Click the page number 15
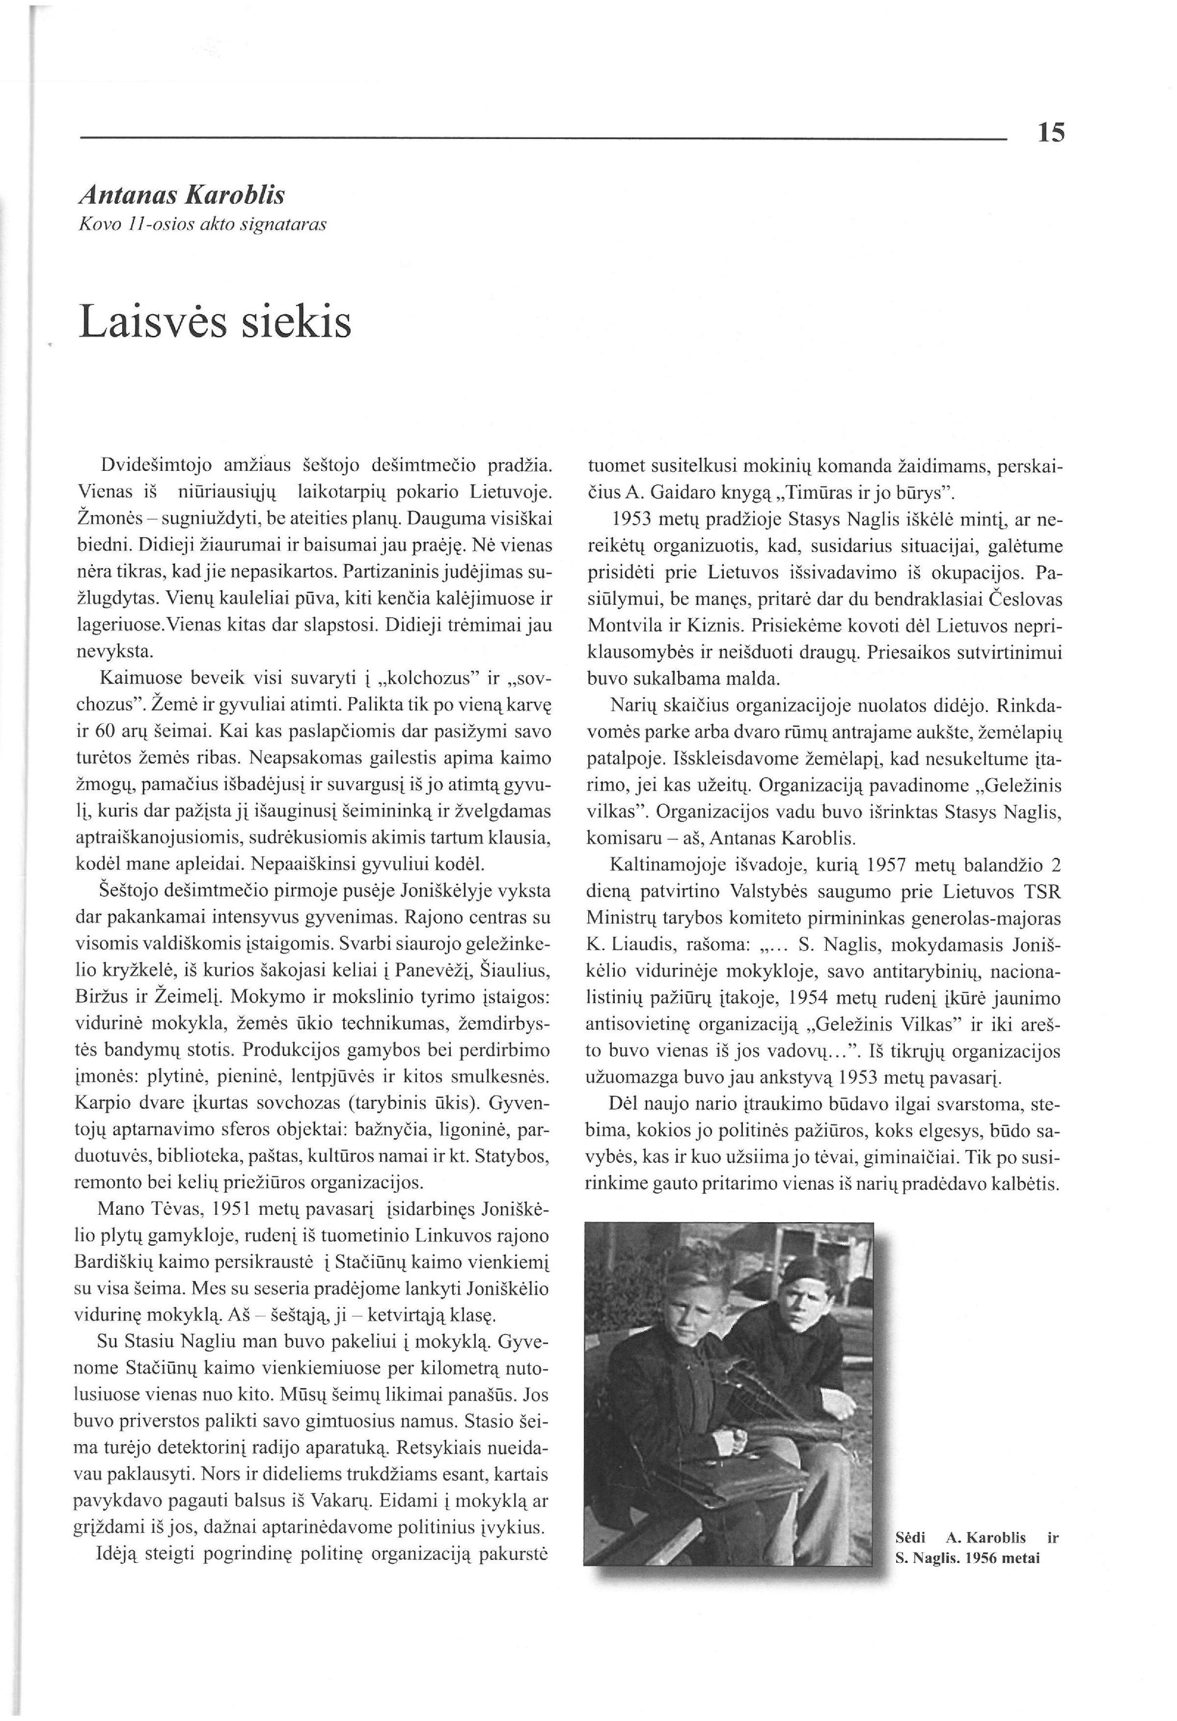[x=1050, y=133]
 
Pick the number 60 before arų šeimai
[x=108, y=732]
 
